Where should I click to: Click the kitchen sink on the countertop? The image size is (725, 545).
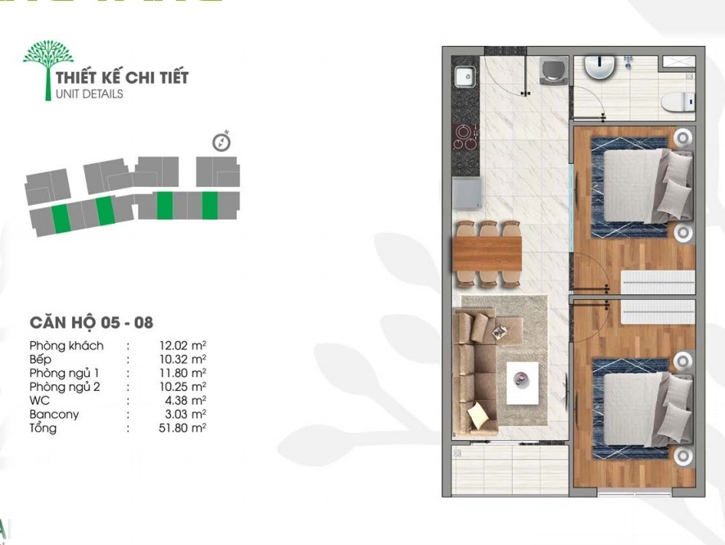(x=464, y=77)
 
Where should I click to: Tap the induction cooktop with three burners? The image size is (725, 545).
(x=466, y=137)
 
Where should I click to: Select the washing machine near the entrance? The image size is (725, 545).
(x=553, y=70)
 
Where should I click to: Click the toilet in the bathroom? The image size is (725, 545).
(x=677, y=102)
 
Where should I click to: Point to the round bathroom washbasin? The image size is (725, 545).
(x=600, y=66)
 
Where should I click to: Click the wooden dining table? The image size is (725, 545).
(x=487, y=253)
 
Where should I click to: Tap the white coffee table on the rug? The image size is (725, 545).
(x=523, y=383)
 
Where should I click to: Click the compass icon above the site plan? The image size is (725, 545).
(x=221, y=142)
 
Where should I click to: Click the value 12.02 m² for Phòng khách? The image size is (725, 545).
(x=183, y=345)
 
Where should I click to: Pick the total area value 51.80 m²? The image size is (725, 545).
(x=182, y=428)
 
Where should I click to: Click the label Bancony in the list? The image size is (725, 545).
(x=54, y=414)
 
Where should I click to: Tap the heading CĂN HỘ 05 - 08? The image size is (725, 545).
(x=92, y=322)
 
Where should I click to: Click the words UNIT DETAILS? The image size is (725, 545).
(x=89, y=93)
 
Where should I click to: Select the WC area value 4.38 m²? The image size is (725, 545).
(x=185, y=400)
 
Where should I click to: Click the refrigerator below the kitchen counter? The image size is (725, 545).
(x=467, y=194)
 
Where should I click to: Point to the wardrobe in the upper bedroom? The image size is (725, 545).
(x=658, y=282)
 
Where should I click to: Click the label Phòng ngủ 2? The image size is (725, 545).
(x=65, y=387)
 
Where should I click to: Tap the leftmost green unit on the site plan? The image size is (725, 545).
(x=60, y=219)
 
